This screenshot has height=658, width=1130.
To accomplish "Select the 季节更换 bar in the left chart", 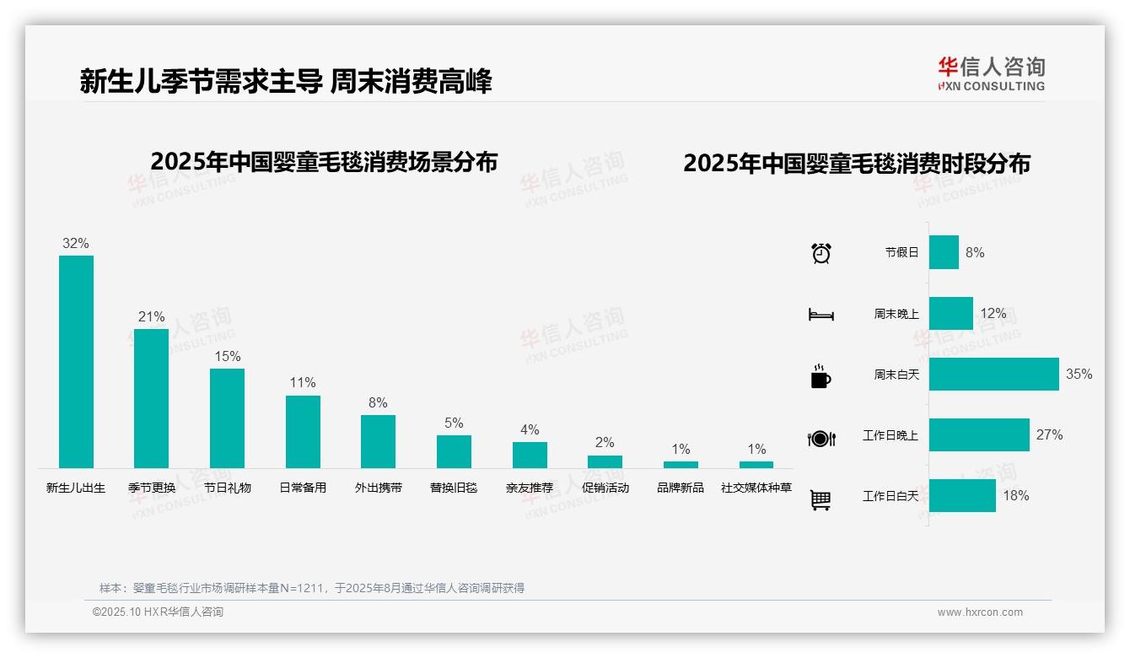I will (151, 398).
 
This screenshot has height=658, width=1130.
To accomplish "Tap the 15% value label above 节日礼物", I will (227, 357).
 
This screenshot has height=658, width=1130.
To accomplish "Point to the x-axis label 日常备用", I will (303, 488).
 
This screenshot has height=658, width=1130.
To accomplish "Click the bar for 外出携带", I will (378, 441).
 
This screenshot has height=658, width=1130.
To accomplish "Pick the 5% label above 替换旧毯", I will (454, 423).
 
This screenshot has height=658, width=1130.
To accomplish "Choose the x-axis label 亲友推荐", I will (530, 488).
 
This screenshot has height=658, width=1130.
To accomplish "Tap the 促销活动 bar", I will (605, 461).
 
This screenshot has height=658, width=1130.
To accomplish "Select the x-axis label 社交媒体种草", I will (756, 488).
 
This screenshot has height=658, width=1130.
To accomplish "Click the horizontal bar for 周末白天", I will (993, 375).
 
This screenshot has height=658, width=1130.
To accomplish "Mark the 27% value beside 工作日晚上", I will (1049, 435).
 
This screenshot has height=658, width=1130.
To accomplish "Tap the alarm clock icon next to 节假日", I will (821, 253).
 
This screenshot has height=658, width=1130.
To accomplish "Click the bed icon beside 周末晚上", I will (821, 315).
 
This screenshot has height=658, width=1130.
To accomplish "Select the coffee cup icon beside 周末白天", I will (821, 376).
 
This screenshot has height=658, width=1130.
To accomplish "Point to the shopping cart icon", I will (821, 499).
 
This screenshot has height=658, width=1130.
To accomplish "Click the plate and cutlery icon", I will (821, 438).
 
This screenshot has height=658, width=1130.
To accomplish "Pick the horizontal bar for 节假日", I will (944, 252).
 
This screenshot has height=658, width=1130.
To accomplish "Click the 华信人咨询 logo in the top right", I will (991, 73).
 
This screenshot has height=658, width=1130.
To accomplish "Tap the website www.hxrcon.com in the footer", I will (980, 612).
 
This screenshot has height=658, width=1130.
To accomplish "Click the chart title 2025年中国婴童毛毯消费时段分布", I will (857, 164).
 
